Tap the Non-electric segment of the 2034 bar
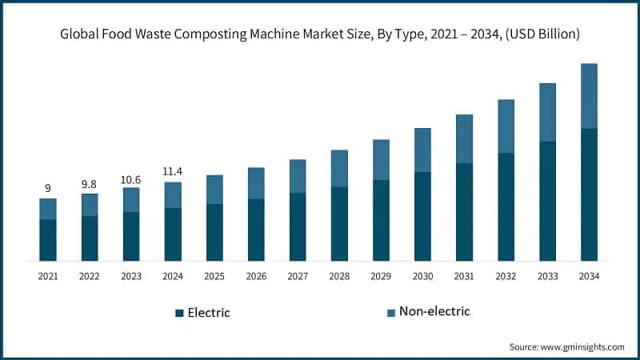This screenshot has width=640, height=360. coord(589,96)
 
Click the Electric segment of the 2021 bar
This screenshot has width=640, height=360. coord(48,240)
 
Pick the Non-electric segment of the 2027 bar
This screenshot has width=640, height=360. coord(298,176)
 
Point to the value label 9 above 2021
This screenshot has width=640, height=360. coord(48,188)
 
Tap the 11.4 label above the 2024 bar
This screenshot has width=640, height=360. coord(173,171)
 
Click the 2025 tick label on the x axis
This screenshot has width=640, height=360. coord(214,276)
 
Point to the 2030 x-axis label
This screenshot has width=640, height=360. coord(422,276)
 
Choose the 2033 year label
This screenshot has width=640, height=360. coord(547,276)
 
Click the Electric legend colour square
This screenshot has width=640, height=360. coord(179,313)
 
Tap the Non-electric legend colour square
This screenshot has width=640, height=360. coord(391,312)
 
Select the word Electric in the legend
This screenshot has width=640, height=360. coord(208,313)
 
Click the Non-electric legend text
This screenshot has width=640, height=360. coord(434,311)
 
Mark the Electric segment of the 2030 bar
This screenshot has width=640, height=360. coord(422,216)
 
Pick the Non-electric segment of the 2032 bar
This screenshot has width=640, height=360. coord(506,126)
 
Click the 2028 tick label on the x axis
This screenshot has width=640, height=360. coord(339,276)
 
